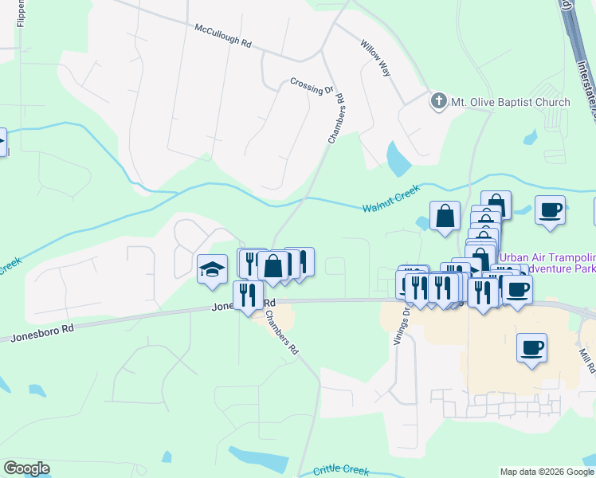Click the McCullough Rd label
tap(223, 37)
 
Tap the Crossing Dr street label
tap(312, 85)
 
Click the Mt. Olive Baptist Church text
tap(511, 102)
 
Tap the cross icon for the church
tap(437, 101)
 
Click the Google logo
tap(26, 468)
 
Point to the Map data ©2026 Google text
tap(547, 472)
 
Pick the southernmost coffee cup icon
tap(531, 347)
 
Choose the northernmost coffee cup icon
tap(550, 210)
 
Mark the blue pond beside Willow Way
tap(398, 159)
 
